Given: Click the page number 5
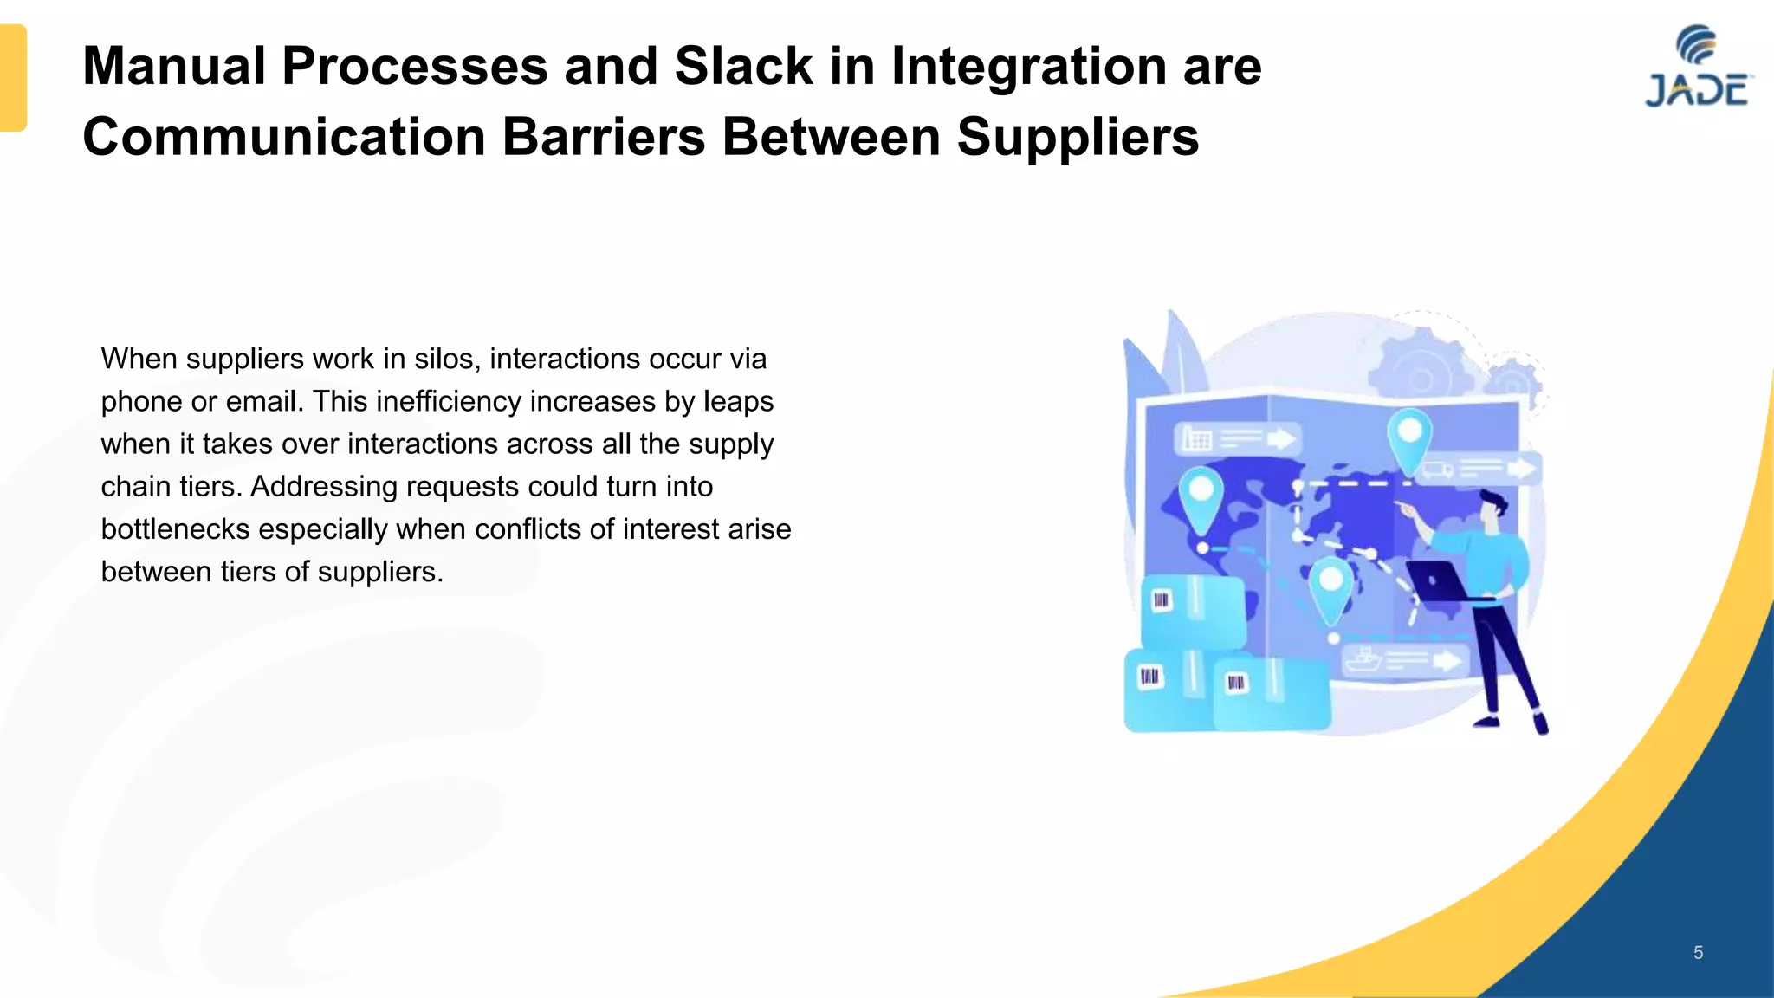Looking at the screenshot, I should point(1698,953).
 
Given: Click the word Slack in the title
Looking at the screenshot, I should point(743,67).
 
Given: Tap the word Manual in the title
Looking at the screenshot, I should point(174,67).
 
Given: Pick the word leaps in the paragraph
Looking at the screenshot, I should point(738,402).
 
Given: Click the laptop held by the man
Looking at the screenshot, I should point(1436,581).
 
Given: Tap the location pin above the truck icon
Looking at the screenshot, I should point(1409,437).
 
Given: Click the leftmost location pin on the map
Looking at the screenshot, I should point(1201,498).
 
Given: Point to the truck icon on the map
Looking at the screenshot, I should point(1436,470).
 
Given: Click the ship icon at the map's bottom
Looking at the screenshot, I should point(1363,659).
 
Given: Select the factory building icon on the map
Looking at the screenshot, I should point(1197,439).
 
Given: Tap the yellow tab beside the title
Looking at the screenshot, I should point(13,78).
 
